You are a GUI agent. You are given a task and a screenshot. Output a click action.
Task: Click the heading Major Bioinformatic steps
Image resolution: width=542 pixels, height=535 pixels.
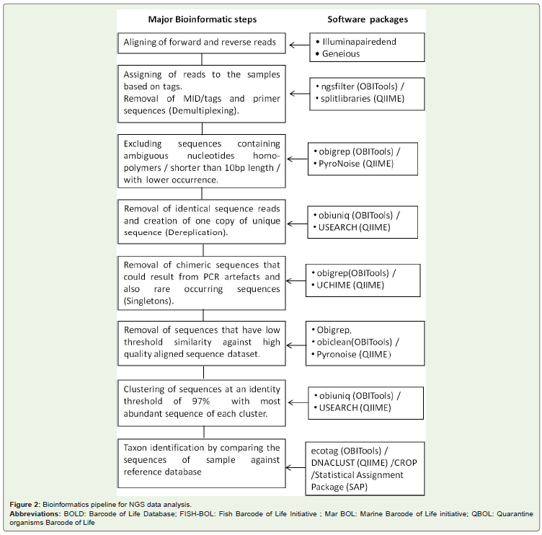tap(203, 19)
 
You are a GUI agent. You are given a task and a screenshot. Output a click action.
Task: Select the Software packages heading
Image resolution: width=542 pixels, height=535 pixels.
tap(368, 19)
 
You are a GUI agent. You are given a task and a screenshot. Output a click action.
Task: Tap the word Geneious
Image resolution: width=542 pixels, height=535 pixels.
tap(341, 53)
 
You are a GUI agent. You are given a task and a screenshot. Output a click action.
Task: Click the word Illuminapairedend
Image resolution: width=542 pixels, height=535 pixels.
tap(359, 42)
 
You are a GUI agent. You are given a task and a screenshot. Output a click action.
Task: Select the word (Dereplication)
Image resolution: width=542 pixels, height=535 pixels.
tap(196, 232)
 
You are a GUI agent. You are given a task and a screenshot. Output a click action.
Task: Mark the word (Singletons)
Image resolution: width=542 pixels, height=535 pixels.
tap(148, 301)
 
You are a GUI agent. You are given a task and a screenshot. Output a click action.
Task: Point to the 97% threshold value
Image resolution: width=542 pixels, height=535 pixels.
tap(201, 401)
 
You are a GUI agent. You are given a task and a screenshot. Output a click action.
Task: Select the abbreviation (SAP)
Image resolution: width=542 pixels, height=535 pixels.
tap(356, 487)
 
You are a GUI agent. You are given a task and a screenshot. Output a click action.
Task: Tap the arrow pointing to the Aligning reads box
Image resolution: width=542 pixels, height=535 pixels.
tap(299, 45)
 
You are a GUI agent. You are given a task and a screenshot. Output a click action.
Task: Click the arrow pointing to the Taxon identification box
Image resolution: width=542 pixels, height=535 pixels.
tap(296, 468)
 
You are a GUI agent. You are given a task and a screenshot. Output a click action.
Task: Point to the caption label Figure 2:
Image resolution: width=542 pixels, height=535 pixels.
tap(25, 505)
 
